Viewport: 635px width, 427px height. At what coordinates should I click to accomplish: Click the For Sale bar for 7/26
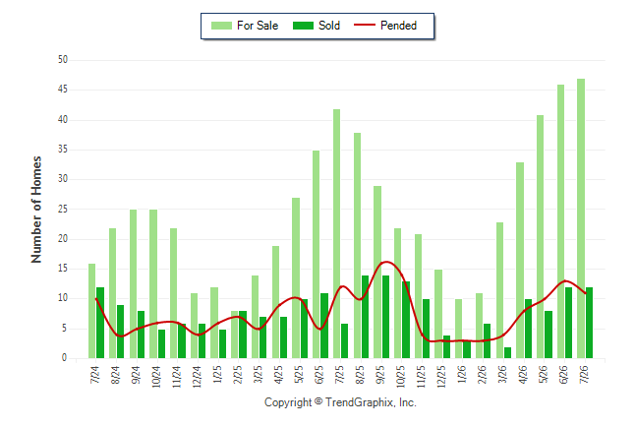click(x=581, y=218)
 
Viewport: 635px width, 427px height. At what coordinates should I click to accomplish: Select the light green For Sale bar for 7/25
click(x=336, y=233)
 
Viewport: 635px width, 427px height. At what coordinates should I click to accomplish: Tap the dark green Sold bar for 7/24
click(x=100, y=323)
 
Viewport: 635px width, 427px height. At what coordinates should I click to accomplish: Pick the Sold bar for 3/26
click(x=507, y=353)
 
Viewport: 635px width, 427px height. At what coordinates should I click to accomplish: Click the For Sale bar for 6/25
click(x=316, y=254)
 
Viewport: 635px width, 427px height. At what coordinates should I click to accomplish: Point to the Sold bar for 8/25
click(x=365, y=317)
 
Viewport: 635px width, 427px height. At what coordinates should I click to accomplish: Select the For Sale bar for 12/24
click(x=194, y=326)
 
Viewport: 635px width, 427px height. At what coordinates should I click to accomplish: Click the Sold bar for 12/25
click(x=446, y=346)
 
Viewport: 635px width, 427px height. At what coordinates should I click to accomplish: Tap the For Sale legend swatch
click(x=221, y=26)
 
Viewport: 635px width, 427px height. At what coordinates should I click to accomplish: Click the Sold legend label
click(x=329, y=26)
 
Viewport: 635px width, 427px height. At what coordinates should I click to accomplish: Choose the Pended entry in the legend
click(x=385, y=26)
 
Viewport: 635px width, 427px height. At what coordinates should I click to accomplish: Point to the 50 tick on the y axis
click(x=63, y=60)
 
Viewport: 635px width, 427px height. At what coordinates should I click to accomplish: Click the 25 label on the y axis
click(x=63, y=209)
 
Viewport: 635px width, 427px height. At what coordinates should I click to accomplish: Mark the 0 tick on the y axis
click(x=65, y=358)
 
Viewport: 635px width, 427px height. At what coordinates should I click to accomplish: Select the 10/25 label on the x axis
click(x=400, y=377)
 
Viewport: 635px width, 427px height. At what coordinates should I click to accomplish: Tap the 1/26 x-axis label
click(x=462, y=374)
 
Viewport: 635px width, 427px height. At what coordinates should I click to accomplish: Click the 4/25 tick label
click(x=278, y=374)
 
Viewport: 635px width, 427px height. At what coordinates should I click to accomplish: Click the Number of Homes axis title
click(x=36, y=210)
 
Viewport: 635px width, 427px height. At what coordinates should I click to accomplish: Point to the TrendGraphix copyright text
click(x=340, y=402)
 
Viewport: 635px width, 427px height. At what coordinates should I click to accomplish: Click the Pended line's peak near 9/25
click(x=386, y=262)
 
